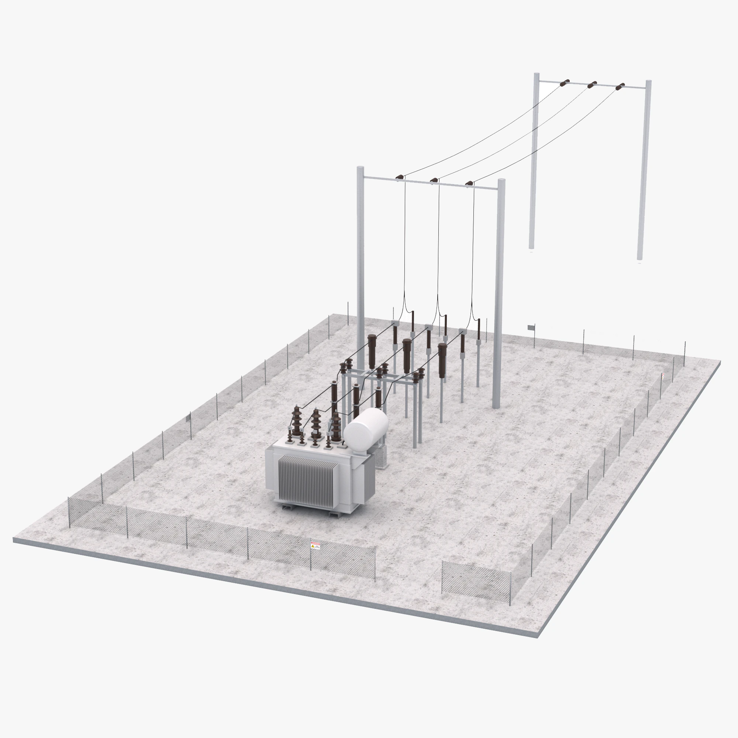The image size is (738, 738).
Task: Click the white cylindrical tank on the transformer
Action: click(x=366, y=425)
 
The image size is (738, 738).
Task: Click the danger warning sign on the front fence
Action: click(x=315, y=545)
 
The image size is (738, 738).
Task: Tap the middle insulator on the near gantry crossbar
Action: click(x=434, y=180)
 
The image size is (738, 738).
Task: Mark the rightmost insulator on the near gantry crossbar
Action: click(x=469, y=183)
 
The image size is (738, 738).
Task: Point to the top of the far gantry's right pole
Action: click(x=648, y=82)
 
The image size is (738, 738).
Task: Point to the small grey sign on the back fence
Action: click(x=531, y=327)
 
